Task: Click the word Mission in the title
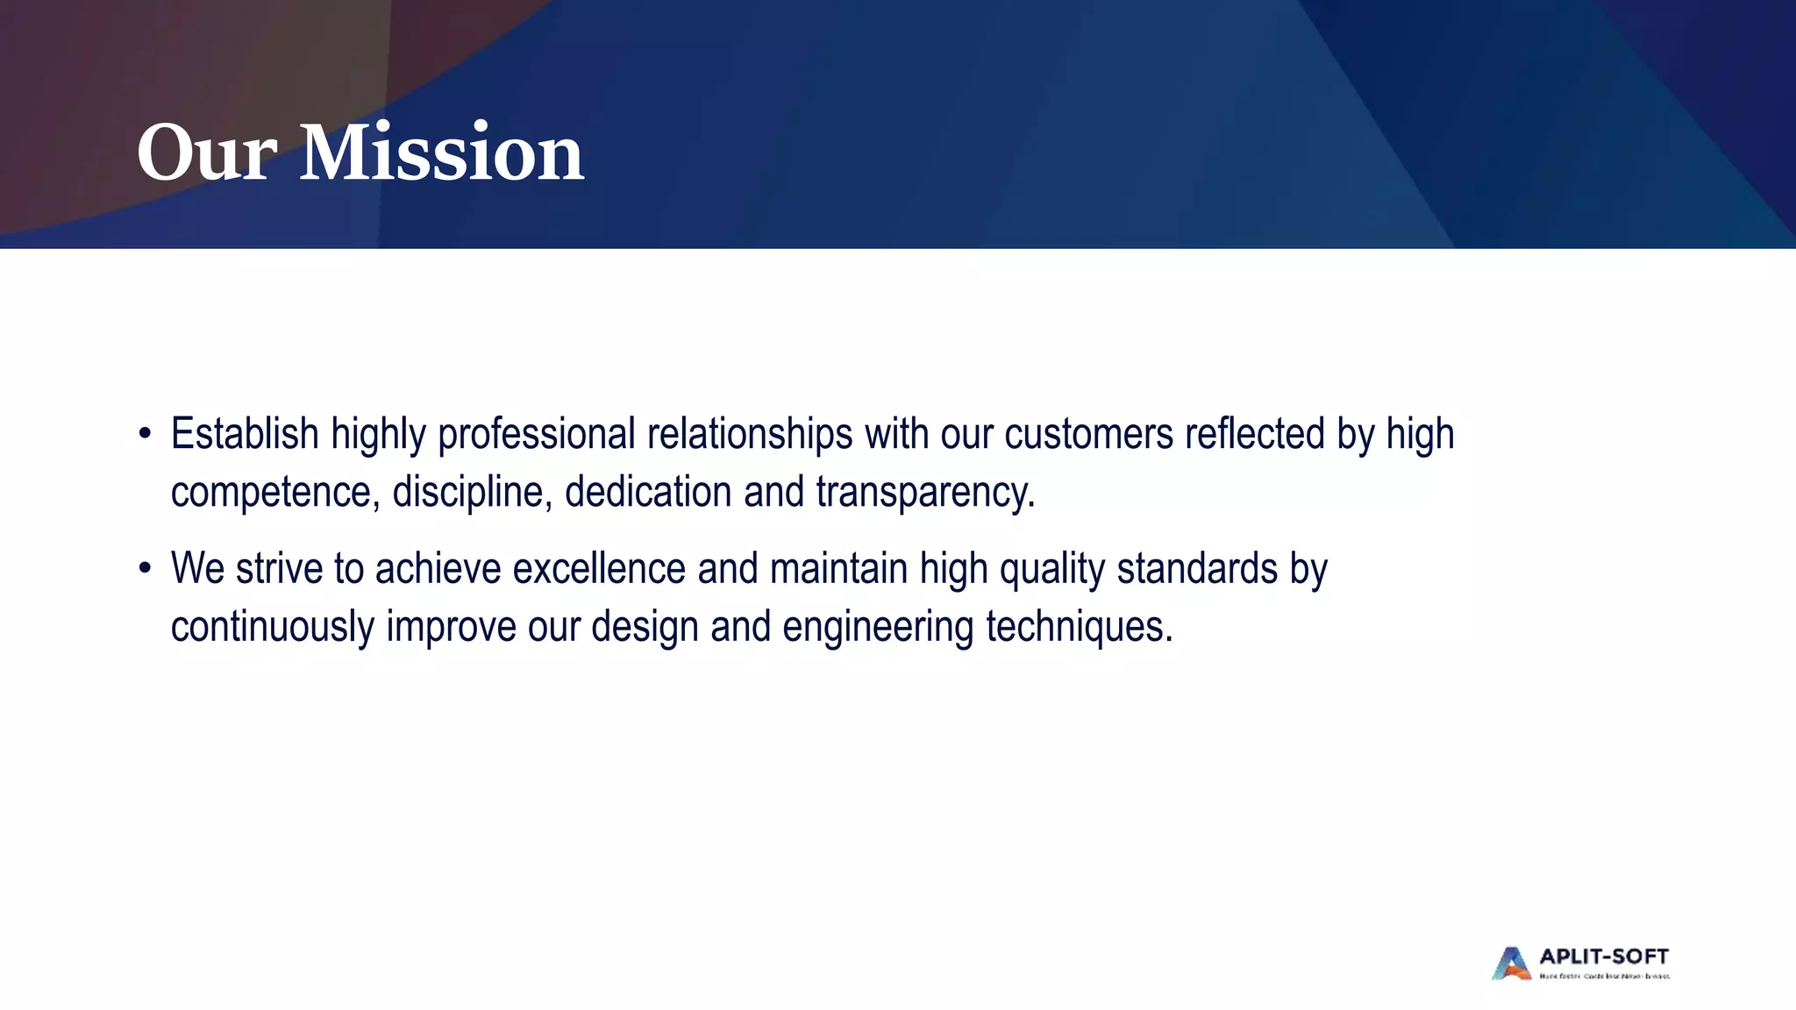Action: (x=441, y=153)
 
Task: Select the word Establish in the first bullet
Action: (x=245, y=434)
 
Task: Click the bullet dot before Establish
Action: (x=145, y=435)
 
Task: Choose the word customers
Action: (x=1088, y=434)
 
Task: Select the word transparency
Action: (x=925, y=492)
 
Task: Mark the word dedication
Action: (x=648, y=492)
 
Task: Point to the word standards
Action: (x=1197, y=569)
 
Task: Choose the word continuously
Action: (x=272, y=627)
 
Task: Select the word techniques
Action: (x=1079, y=627)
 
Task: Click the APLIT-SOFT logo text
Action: (x=1604, y=957)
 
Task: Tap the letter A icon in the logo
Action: (x=1511, y=964)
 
